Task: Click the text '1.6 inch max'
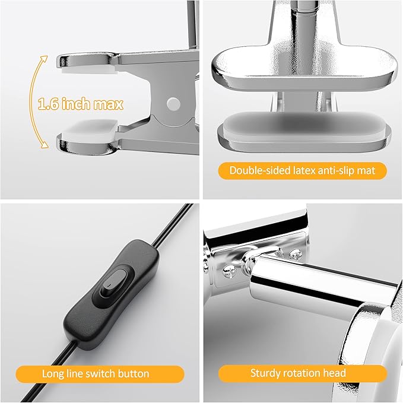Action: (x=81, y=104)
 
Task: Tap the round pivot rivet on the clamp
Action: (x=173, y=103)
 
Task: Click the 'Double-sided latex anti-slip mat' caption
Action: (x=303, y=171)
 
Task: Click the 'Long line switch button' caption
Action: (x=96, y=373)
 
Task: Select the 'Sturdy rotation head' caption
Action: (x=298, y=373)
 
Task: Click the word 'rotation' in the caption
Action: (x=315, y=373)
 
